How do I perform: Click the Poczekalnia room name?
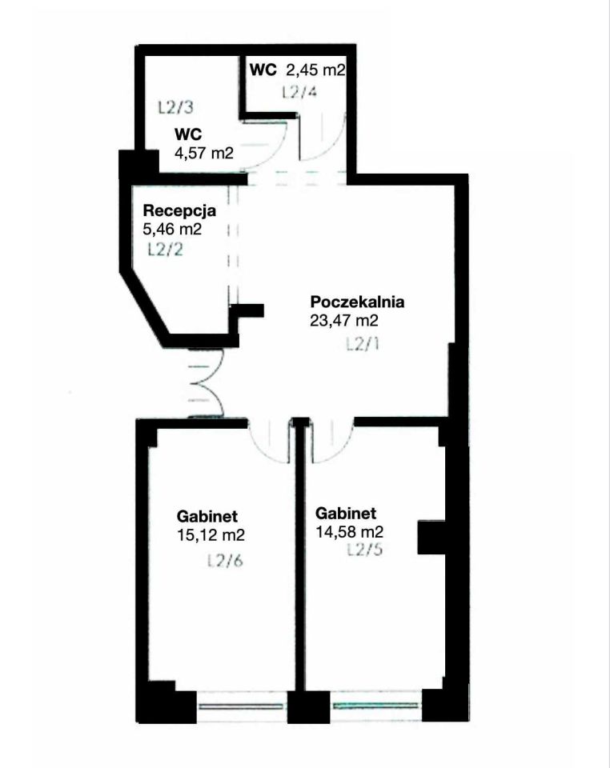[358, 302]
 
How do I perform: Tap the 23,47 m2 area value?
[344, 320]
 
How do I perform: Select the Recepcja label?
[179, 211]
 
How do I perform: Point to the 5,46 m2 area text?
[172, 229]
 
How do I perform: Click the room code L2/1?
[363, 344]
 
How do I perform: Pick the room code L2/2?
[166, 250]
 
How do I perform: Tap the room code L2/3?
[176, 107]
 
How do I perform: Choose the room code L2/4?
[299, 91]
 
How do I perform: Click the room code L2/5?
[364, 550]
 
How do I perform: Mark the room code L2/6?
[226, 560]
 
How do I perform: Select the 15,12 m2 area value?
[211, 534]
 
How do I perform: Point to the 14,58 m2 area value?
[349, 531]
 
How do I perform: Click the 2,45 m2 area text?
[315, 70]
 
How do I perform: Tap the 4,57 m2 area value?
[204, 153]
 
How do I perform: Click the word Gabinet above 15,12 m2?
[207, 516]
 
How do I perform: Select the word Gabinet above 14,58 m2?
[346, 514]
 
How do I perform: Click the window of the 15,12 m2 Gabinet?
[241, 706]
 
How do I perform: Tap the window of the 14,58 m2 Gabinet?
[375, 706]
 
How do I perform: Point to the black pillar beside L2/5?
[431, 537]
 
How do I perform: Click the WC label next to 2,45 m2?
[263, 70]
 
